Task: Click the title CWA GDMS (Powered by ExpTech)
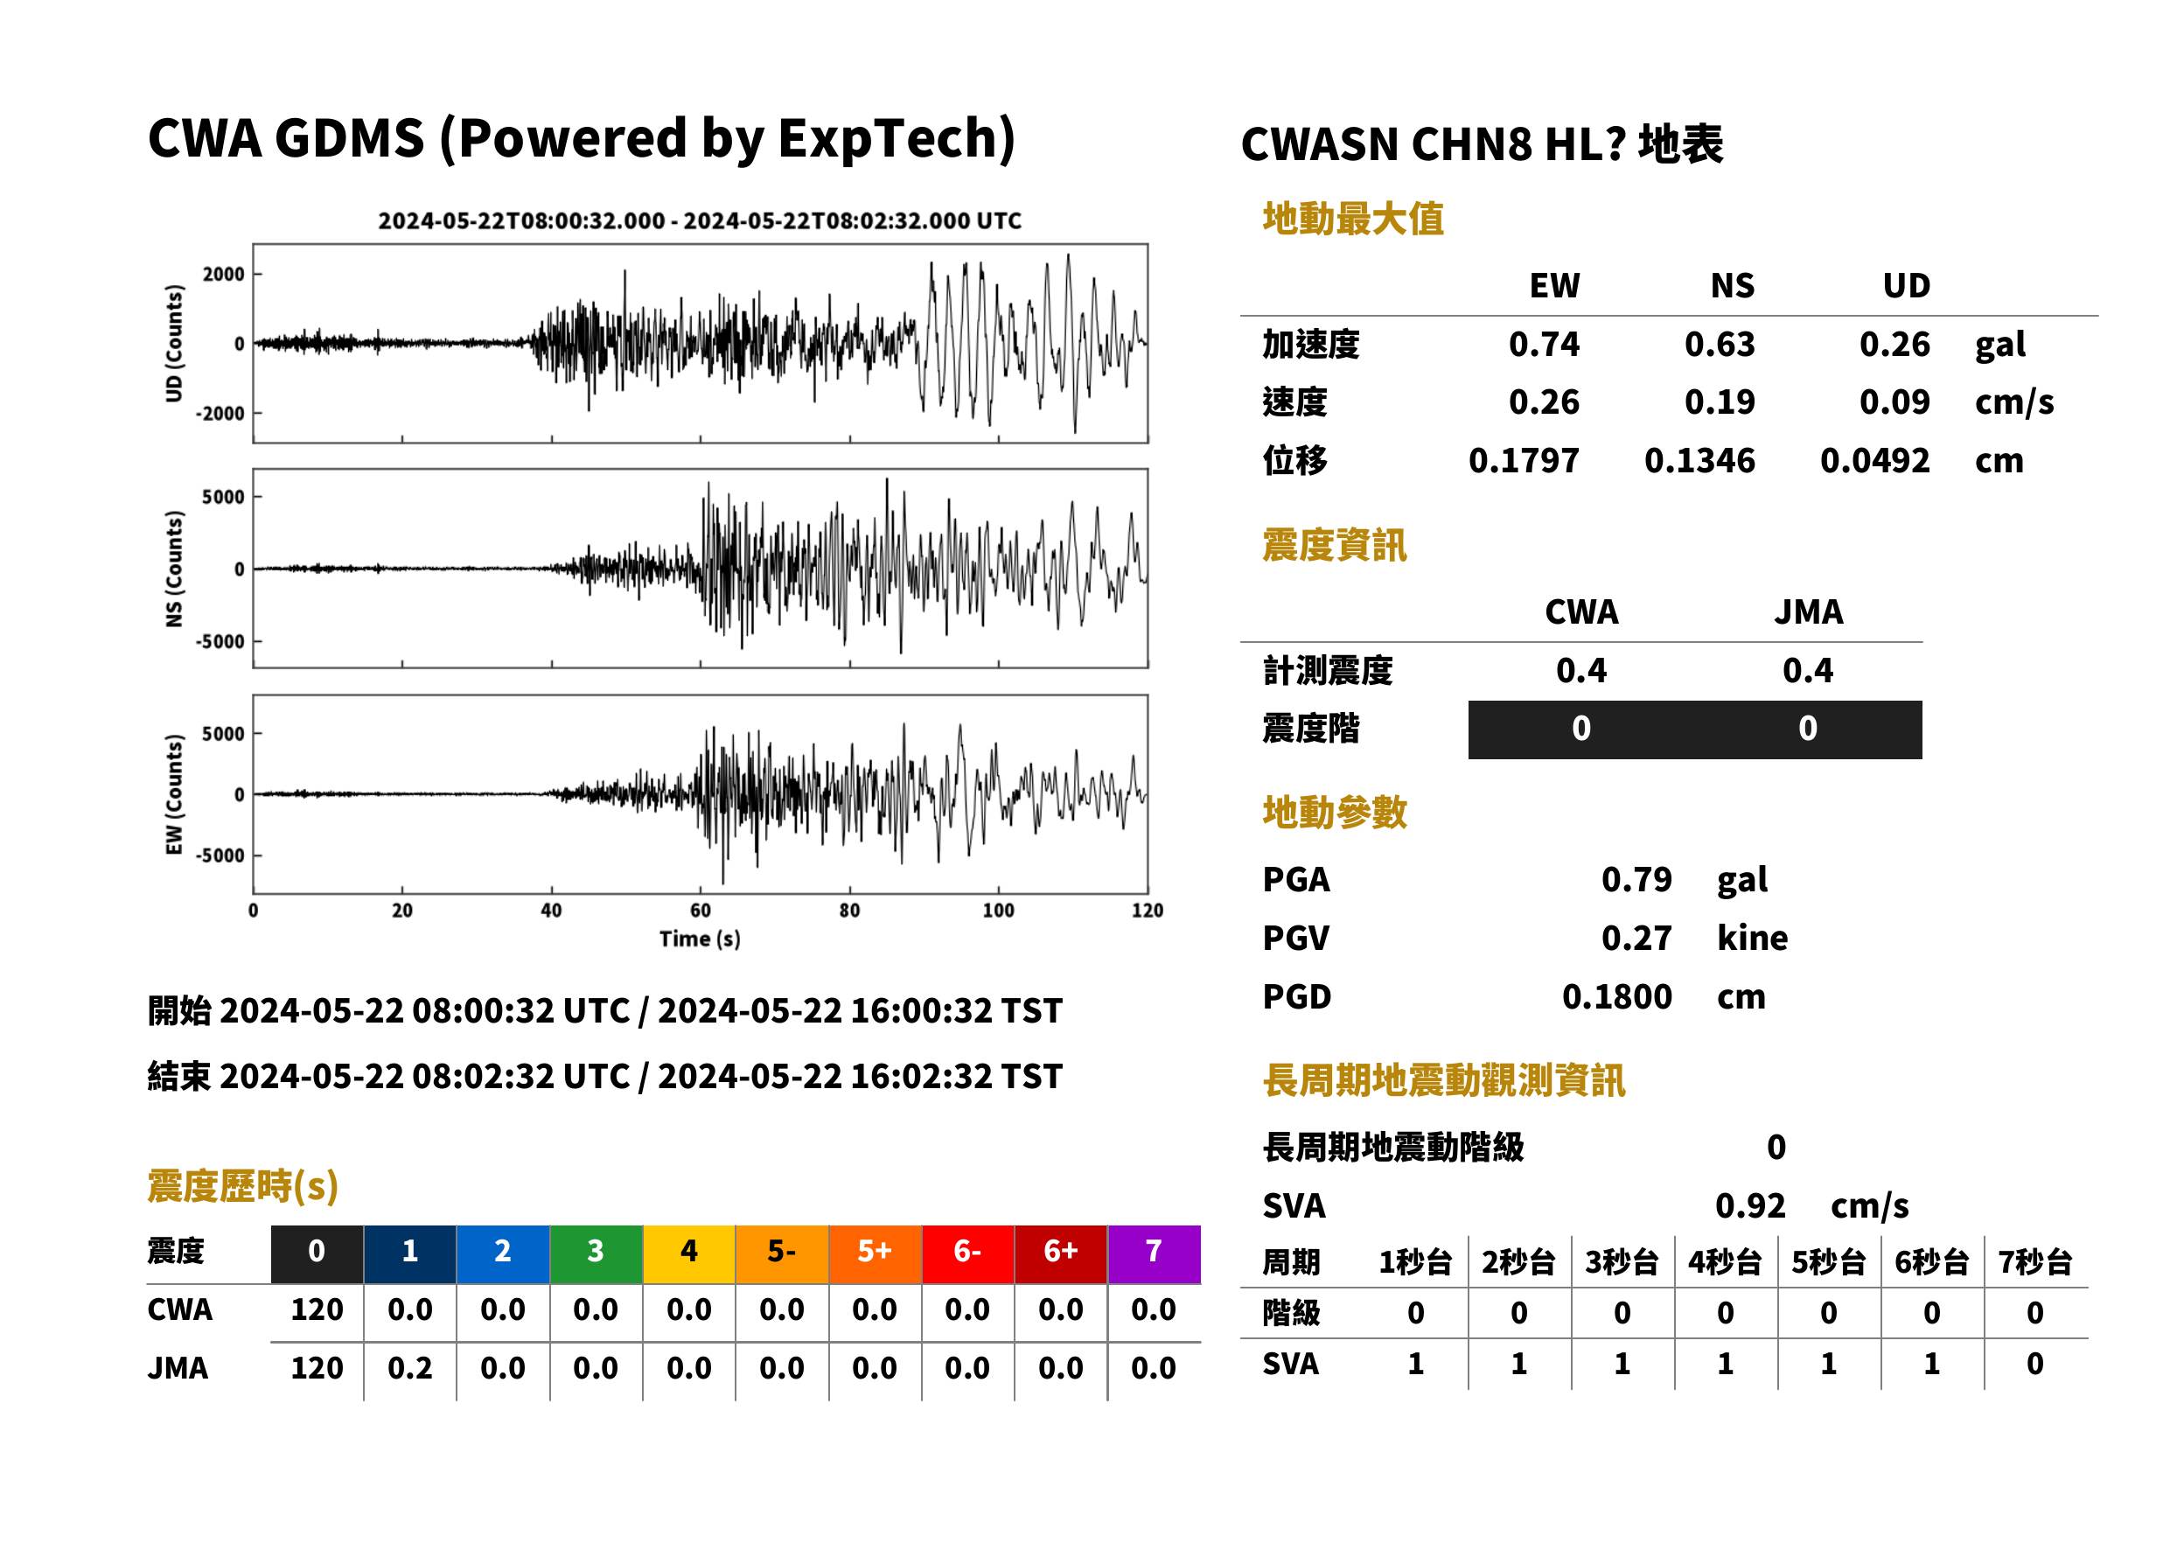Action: pos(581,139)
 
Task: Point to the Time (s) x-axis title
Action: pos(700,939)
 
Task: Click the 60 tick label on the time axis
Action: pos(700,911)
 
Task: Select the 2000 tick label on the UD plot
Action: pos(223,275)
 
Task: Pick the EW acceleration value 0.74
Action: pos(1543,345)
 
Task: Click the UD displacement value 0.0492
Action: pos(1874,461)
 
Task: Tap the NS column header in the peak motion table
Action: pos(1732,286)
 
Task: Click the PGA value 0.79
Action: pos(1636,880)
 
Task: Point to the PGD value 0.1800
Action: pos(1616,997)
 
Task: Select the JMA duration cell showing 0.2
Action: pos(409,1369)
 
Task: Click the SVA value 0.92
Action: pos(1749,1206)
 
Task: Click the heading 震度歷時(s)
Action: pos(243,1186)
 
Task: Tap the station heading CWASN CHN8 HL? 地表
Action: pos(1482,145)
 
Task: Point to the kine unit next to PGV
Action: pos(1752,939)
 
